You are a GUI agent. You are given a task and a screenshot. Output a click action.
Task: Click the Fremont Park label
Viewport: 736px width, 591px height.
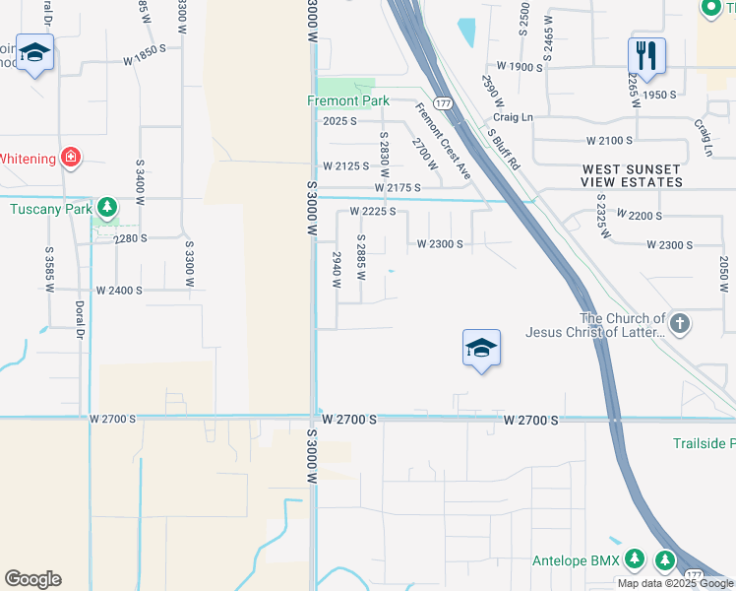348,100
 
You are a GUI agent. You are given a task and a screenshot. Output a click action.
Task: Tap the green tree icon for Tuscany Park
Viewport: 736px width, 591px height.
106,208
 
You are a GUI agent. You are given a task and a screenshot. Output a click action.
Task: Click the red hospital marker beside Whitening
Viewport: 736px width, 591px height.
70,157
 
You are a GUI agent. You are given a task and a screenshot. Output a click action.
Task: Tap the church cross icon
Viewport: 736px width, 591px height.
681,323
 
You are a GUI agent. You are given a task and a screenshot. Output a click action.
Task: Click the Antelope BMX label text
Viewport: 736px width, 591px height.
576,560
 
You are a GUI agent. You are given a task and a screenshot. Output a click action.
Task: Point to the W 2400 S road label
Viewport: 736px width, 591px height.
119,291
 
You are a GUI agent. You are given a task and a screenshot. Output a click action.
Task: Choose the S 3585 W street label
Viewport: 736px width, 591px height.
47,265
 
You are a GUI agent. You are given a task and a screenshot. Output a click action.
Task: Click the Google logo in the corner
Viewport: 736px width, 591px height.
32,579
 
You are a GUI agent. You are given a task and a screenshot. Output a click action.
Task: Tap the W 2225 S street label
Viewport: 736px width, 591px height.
372,211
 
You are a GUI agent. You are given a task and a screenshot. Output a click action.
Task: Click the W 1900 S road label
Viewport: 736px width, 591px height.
520,66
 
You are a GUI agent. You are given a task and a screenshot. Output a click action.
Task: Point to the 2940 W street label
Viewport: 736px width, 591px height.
337,269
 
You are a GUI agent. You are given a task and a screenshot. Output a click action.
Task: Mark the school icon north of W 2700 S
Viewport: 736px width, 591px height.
480,348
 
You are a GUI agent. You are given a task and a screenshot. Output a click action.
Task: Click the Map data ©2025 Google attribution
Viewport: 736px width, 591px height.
675,583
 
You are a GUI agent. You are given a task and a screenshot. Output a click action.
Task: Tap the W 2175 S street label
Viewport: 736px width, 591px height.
397,187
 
